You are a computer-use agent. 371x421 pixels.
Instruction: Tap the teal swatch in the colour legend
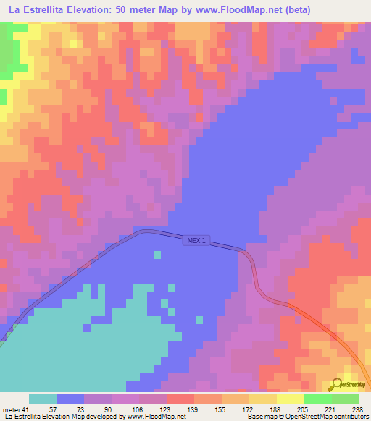point(43,399)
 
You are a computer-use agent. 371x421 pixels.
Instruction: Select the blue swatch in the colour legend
point(70,399)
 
